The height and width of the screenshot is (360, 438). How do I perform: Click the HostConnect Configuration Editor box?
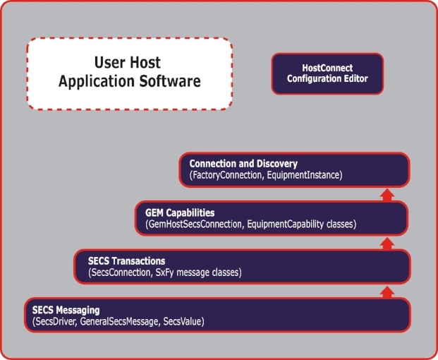pos(327,73)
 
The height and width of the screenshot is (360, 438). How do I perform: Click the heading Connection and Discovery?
pos(243,164)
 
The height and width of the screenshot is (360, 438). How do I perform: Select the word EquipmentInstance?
pos(303,175)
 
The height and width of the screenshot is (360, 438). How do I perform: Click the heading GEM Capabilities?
pos(180,213)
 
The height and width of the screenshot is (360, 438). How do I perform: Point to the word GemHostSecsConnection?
pos(195,224)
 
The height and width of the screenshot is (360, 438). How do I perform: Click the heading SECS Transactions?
pos(126,261)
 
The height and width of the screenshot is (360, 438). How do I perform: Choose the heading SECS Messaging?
pos(66,311)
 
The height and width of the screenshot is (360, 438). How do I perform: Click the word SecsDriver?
pos(56,321)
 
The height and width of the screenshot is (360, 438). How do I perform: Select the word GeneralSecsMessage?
pos(119,322)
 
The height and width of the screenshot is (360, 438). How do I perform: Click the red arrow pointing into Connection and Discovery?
pos(387,195)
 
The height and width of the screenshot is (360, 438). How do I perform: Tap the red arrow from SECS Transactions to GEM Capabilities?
pos(387,244)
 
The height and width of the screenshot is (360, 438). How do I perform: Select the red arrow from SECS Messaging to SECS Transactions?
pos(387,292)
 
